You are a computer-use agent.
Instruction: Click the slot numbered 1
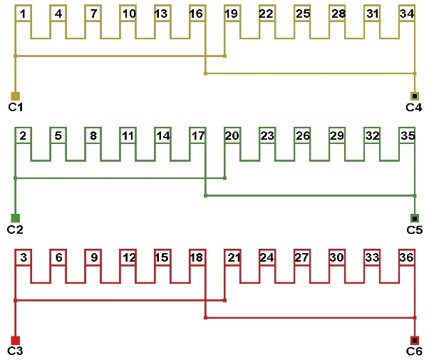click(x=24, y=14)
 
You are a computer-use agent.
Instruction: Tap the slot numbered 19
click(x=232, y=14)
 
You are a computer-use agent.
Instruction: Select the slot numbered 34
click(x=407, y=14)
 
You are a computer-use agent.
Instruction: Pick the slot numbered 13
click(x=162, y=14)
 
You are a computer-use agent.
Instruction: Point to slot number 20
click(x=232, y=135)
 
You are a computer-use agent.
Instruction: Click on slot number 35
click(x=407, y=135)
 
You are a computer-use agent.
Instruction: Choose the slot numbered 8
click(x=93, y=135)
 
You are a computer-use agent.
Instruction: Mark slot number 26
click(x=302, y=135)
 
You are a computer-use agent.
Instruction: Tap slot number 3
click(x=24, y=257)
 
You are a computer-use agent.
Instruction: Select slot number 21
click(x=232, y=257)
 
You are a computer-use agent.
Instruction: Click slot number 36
click(x=407, y=257)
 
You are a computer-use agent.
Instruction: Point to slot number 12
click(x=128, y=257)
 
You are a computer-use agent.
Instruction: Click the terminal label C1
click(x=16, y=107)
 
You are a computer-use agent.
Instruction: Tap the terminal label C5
click(x=414, y=230)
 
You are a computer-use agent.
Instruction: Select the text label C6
click(x=414, y=351)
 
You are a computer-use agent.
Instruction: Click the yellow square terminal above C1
click(x=16, y=96)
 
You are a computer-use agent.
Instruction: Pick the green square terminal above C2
click(x=16, y=218)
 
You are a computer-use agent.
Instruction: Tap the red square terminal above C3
click(x=16, y=340)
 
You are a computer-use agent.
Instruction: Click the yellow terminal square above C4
click(x=415, y=96)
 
